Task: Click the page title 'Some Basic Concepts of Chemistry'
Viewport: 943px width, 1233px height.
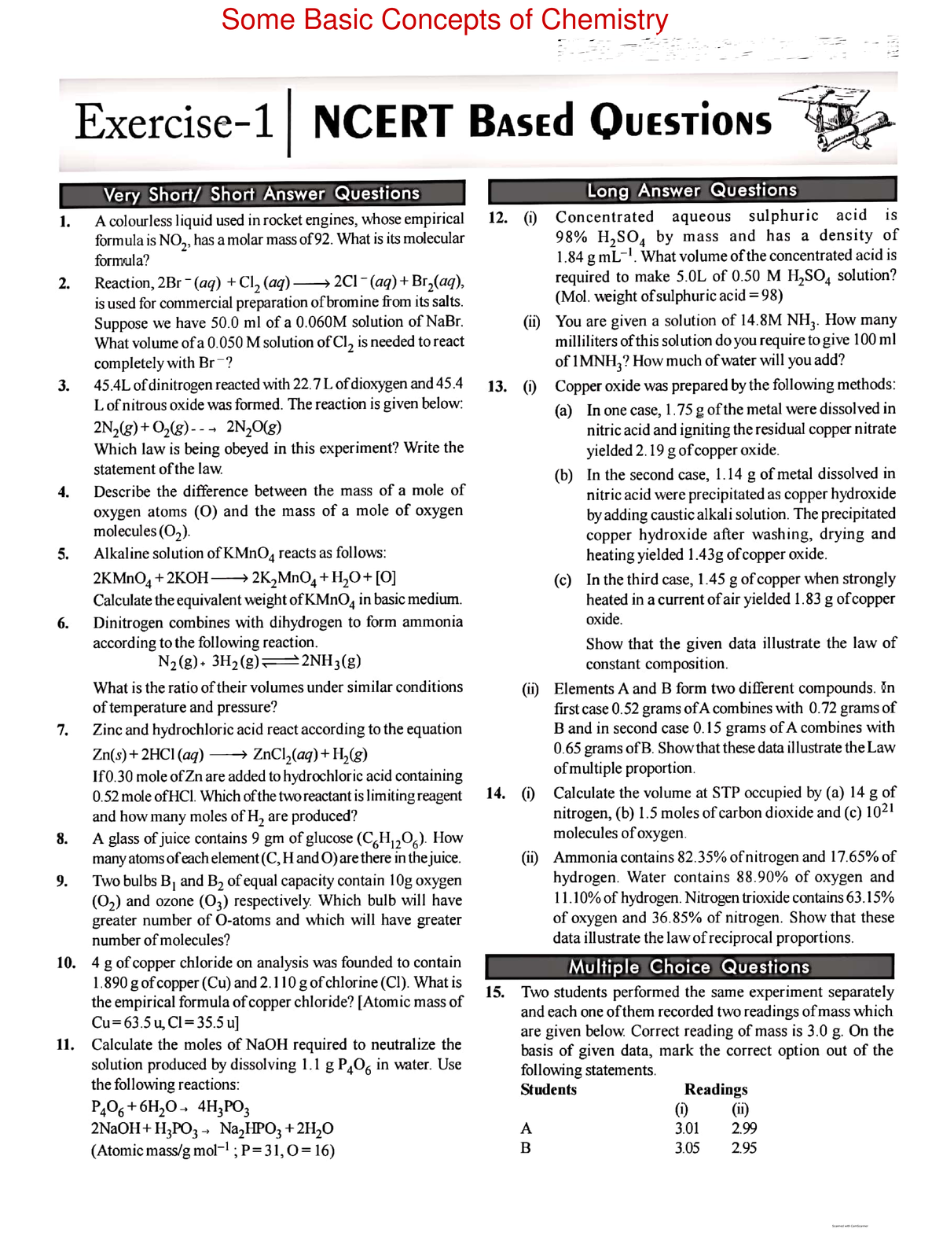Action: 445,20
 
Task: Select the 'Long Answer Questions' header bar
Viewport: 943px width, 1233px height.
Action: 692,190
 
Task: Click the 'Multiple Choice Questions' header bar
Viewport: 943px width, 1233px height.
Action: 688,966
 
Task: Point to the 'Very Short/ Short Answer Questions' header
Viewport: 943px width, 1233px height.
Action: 262,193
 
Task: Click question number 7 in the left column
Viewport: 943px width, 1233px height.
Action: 63,730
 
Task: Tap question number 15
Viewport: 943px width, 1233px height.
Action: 495,992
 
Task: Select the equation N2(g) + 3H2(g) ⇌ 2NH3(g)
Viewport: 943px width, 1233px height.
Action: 259,661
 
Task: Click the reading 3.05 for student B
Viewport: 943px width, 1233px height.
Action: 687,1147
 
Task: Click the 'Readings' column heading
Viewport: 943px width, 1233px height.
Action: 715,1089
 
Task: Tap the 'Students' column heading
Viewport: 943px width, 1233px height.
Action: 549,1089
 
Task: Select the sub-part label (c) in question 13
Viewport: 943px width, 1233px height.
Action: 563,580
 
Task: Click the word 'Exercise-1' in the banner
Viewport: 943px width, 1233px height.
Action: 174,122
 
